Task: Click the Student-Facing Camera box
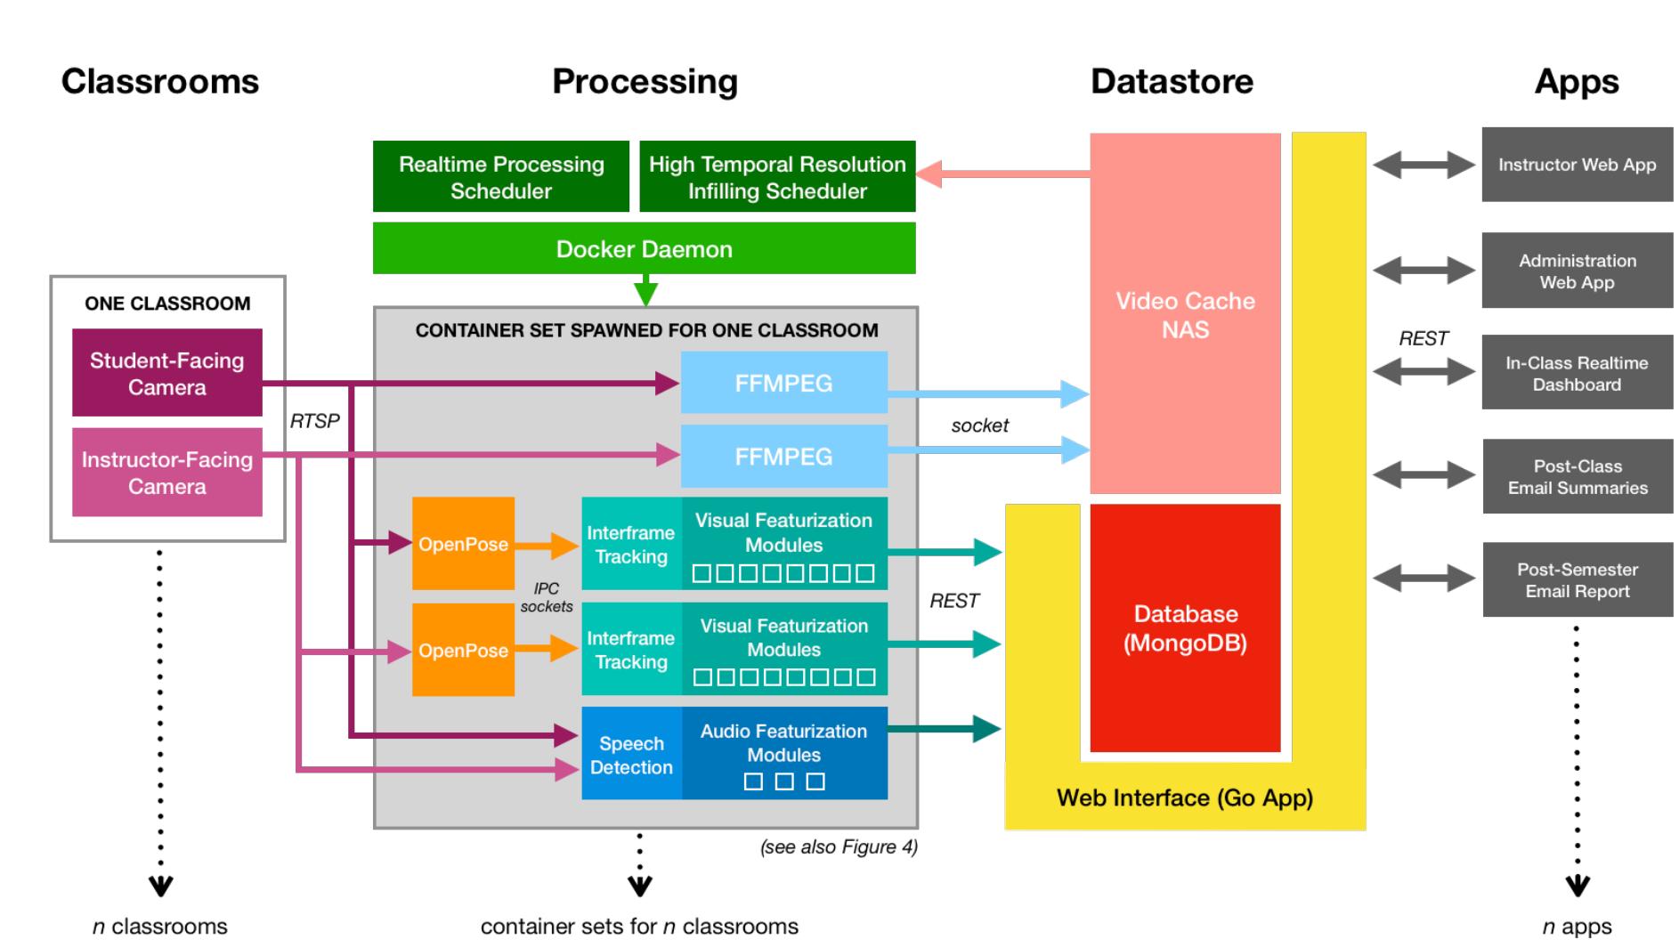[x=166, y=373]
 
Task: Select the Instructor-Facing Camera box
[x=166, y=473]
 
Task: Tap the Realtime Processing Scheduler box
[x=500, y=177]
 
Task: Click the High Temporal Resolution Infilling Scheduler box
[x=776, y=177]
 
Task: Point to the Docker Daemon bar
[x=644, y=249]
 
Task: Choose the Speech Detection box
[x=631, y=755]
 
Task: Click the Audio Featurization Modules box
[x=783, y=753]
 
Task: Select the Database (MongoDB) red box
[x=1185, y=628]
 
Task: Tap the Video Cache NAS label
[x=1185, y=314]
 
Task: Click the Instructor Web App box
[x=1577, y=165]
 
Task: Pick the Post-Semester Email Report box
[x=1577, y=579]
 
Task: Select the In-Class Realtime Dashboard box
[x=1577, y=373]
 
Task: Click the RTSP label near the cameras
[x=314, y=421]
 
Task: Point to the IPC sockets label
[x=546, y=597]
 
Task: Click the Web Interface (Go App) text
[x=1184, y=797]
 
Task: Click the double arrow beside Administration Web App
[x=1423, y=270]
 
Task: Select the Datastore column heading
[x=1172, y=81]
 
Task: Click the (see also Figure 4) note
[x=838, y=846]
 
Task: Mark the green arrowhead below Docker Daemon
[x=645, y=293]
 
